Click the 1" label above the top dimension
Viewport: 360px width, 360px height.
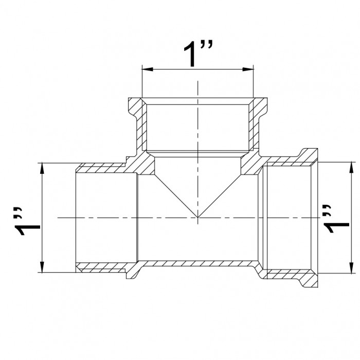(x=198, y=53)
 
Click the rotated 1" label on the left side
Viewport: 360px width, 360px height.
(x=27, y=221)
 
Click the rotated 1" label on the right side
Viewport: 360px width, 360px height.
(x=336, y=219)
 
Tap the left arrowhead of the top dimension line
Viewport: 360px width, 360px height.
(x=148, y=69)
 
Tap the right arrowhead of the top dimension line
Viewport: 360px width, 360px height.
(x=248, y=69)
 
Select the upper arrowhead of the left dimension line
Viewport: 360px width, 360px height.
(x=42, y=168)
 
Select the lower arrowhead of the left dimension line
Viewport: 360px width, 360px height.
(x=42, y=267)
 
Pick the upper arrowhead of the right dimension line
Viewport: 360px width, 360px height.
(x=351, y=167)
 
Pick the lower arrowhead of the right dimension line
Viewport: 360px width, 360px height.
(x=351, y=268)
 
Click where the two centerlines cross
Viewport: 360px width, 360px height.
(x=197, y=218)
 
